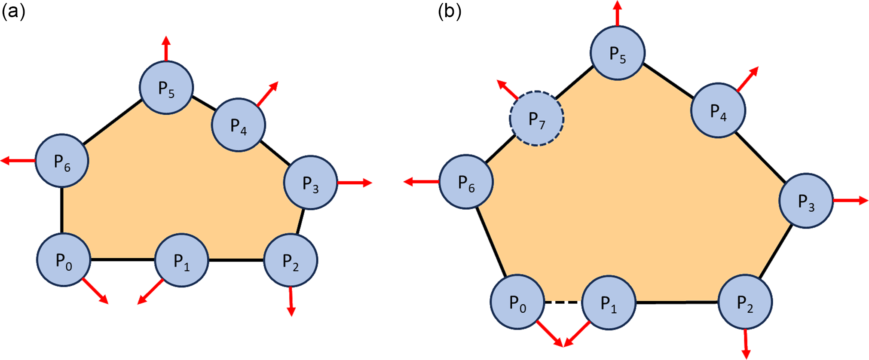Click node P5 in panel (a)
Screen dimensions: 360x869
point(166,88)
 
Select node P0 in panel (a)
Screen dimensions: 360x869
point(64,260)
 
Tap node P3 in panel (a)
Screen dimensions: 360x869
point(310,183)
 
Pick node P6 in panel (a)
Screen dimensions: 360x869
point(62,161)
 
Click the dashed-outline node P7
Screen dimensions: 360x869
point(536,119)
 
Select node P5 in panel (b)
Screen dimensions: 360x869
point(618,53)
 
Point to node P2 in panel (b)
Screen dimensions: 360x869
point(745,302)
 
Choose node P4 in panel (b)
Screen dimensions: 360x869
point(718,110)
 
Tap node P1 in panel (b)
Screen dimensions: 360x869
point(609,302)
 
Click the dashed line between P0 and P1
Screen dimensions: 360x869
point(563,302)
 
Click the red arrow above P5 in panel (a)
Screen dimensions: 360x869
point(166,49)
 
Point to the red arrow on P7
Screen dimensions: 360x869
point(507,89)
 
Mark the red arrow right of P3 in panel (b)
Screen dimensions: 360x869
point(851,201)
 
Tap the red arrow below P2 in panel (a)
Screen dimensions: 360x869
point(291,301)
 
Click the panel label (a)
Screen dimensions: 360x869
point(13,12)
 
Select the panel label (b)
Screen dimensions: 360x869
point(450,12)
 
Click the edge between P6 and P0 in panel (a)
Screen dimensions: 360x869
point(62,211)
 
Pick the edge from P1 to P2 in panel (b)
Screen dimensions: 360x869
point(677,302)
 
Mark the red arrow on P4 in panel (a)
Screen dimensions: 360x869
point(267,93)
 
